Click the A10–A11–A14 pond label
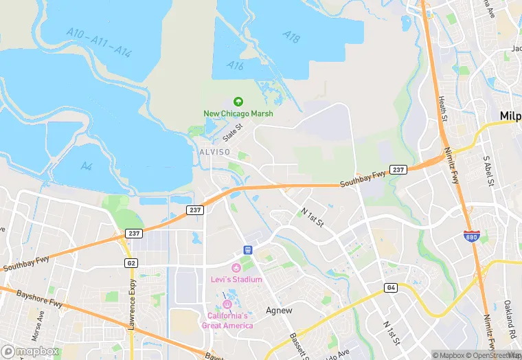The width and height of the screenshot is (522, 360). (x=100, y=42)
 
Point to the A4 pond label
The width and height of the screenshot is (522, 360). (x=87, y=166)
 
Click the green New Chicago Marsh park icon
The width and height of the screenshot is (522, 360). (x=238, y=101)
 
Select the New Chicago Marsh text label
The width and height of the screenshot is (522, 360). (x=238, y=113)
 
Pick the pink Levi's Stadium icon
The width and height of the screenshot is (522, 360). (x=236, y=267)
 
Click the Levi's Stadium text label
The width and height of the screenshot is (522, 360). (x=236, y=280)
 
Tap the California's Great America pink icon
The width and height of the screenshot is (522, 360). (x=227, y=304)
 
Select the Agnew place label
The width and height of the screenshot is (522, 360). (x=280, y=311)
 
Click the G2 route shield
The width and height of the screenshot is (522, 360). (x=130, y=262)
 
